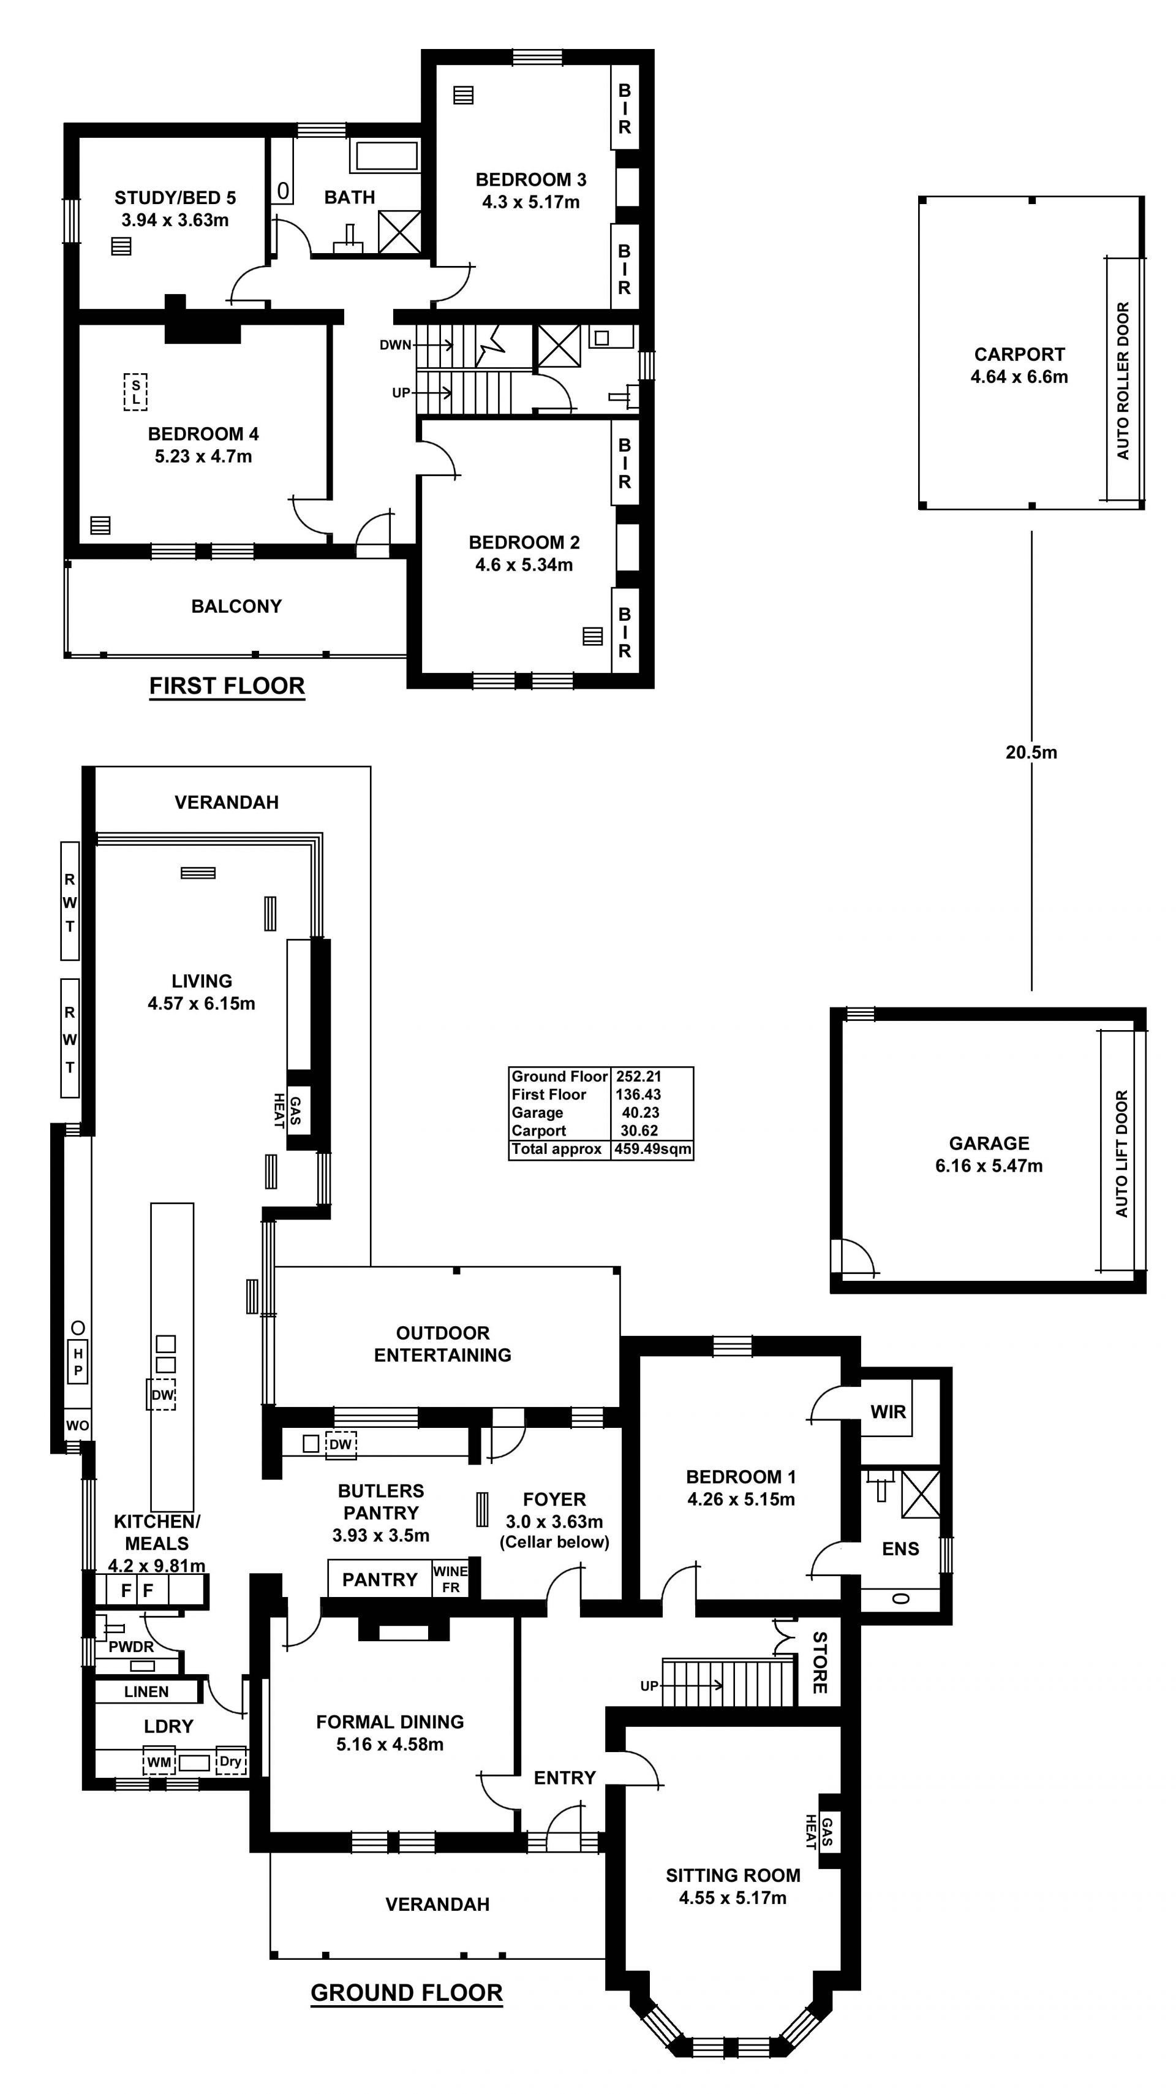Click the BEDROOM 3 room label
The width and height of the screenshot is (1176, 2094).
pos(530,180)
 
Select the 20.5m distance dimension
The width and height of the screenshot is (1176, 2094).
pos(1031,753)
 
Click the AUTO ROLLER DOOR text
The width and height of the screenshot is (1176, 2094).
pos(1123,381)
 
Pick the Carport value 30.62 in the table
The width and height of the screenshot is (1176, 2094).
pos(639,1131)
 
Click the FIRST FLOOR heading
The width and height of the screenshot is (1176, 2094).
pos(227,686)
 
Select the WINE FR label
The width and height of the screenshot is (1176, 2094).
pos(450,1579)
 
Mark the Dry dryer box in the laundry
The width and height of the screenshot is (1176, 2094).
pos(231,1761)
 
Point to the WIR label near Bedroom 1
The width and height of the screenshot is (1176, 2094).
pos(888,1412)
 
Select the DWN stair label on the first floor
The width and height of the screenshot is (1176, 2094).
pos(396,344)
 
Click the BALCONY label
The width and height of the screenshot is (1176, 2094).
pos(236,607)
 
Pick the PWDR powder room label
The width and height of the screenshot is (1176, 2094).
pos(131,1647)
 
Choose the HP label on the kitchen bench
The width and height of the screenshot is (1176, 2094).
pos(78,1362)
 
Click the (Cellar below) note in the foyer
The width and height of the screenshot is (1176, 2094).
pos(554,1542)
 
